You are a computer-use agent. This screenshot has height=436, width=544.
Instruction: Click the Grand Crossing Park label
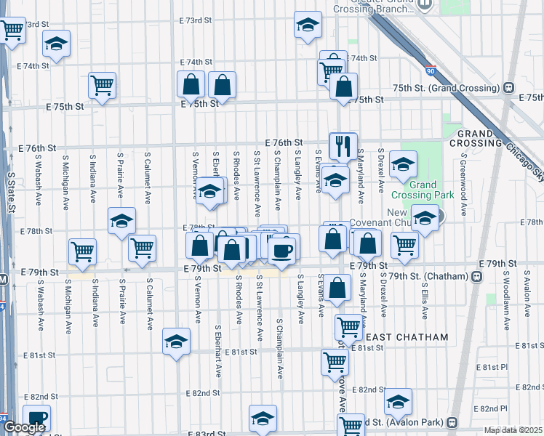click(423, 190)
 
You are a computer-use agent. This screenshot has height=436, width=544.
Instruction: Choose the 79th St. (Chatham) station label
click(429, 276)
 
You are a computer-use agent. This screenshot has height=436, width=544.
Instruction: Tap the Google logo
click(23, 428)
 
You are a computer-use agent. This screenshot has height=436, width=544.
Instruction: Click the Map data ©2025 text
click(513, 430)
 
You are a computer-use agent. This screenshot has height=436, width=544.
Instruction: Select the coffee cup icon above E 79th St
click(281, 251)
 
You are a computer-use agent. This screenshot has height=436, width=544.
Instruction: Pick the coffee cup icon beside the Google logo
click(36, 419)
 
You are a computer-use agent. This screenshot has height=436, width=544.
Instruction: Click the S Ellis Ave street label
click(423, 294)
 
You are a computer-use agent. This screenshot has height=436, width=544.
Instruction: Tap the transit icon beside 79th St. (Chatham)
click(477, 276)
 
